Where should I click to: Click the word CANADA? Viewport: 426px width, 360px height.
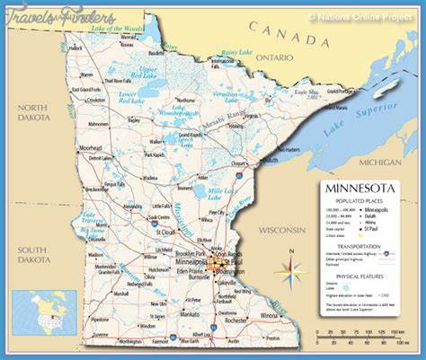pyautogui.click(x=288, y=40)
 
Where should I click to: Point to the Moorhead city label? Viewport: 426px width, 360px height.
pyautogui.click(x=91, y=144)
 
